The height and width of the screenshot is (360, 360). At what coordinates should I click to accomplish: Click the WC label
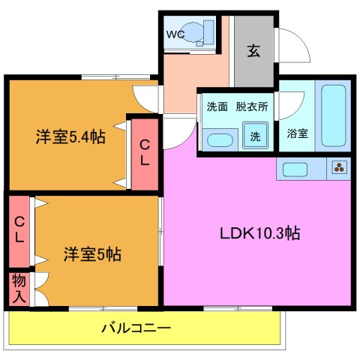pos(175,34)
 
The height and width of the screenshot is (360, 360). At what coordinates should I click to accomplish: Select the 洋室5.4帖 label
pos(69,137)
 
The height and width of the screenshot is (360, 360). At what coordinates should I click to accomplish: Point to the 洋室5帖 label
pos(91,253)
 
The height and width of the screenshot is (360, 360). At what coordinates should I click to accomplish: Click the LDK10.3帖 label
pos(260,232)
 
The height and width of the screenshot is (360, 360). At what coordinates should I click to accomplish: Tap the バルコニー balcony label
pos(136,328)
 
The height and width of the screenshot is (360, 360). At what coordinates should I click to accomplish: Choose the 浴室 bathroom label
pos(297,134)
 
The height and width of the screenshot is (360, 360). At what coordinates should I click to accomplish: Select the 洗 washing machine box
pos(256,136)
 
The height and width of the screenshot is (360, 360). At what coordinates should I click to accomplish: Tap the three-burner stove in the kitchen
pos(339,168)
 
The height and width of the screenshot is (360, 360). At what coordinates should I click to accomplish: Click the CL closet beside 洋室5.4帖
pos(143,152)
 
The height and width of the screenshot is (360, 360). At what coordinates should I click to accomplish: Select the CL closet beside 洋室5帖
pos(19,229)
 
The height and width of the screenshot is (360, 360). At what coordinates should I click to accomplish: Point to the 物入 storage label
pos(18,288)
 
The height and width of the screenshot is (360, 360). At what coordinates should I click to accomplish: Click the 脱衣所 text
pos(251,106)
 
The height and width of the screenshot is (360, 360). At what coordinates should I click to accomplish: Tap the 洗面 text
pos(217,106)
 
